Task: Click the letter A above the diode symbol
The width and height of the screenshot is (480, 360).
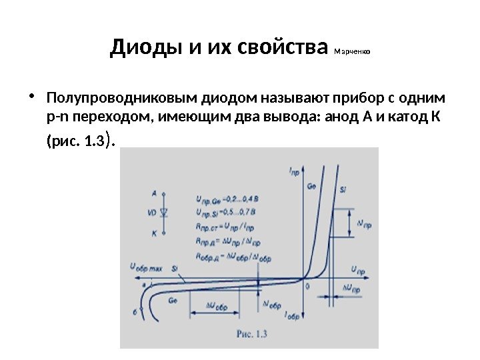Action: (x=154, y=193)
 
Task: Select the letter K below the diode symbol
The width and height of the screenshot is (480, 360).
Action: (x=154, y=234)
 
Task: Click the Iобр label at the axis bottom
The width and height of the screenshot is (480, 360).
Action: (x=293, y=314)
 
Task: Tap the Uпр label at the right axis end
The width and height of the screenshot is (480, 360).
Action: (x=357, y=271)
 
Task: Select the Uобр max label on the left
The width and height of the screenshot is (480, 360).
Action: (x=145, y=267)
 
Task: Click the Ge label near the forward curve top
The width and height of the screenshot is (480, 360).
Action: (x=311, y=187)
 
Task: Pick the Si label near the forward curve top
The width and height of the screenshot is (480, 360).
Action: (x=343, y=190)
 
